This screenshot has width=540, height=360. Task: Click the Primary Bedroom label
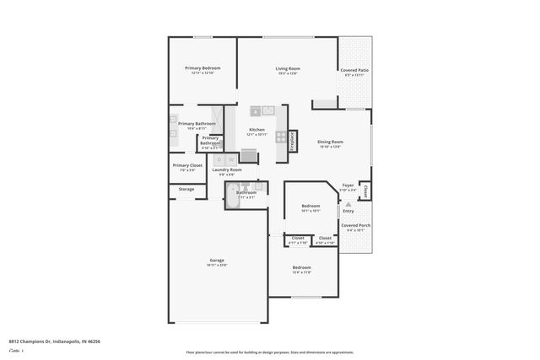pos(202,67)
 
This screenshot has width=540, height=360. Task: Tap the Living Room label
pos(288,68)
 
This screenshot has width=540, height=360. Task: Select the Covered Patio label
pos(354,70)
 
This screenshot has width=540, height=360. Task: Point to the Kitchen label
pos(256,130)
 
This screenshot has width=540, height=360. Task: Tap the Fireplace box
pos(292,139)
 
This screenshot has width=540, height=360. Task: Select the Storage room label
pos(186,189)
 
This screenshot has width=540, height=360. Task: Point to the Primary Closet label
pos(187,165)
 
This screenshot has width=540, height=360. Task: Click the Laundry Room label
pos(226,169)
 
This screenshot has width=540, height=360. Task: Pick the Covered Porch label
pos(354,226)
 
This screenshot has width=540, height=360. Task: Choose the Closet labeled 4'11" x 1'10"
pos(298,239)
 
